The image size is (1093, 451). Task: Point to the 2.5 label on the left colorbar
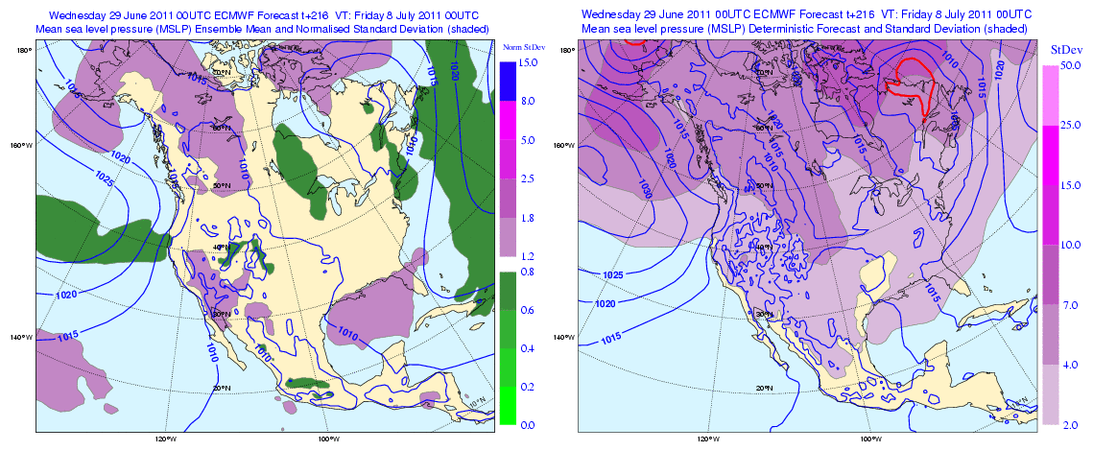(527, 179)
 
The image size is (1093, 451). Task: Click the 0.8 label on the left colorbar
(527, 272)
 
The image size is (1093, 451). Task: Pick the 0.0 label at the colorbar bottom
(527, 424)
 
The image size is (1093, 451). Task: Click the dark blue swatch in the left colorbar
(508, 82)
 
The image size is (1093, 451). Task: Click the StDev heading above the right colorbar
(1064, 49)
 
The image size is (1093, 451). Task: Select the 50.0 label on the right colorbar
(1072, 66)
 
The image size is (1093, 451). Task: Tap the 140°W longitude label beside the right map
(565, 337)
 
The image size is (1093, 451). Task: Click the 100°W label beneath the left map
(328, 439)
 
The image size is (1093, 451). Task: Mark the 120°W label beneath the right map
(707, 439)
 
